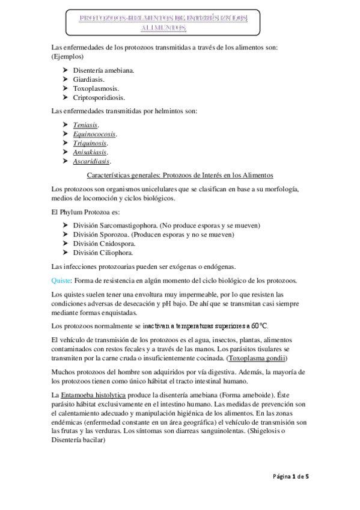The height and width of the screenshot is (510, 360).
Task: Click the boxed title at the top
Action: click(163, 23)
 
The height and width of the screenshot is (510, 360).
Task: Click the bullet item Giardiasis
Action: click(88, 79)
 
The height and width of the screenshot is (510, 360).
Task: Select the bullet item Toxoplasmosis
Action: click(95, 88)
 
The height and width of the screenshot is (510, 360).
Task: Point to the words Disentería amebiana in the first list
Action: click(103, 70)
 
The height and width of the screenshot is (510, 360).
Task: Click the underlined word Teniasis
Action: click(85, 125)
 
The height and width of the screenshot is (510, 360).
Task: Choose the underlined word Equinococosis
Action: click(94, 134)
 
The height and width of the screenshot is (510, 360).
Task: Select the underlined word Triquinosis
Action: click(90, 143)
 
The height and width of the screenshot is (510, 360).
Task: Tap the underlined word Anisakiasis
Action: click(92, 152)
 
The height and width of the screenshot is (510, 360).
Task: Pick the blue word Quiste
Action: click(61, 281)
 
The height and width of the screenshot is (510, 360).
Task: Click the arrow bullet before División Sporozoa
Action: click(66, 234)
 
